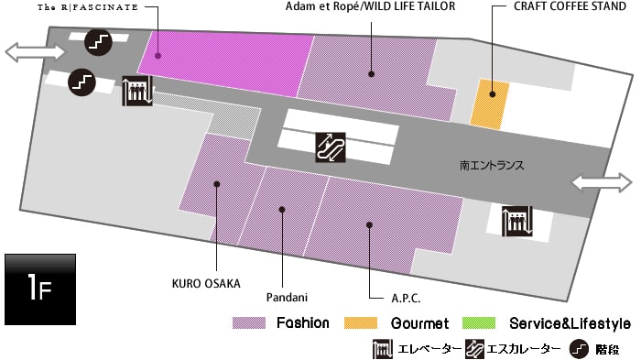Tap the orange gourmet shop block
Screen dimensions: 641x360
pos(489,103)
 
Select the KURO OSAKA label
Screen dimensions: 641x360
pos(206,283)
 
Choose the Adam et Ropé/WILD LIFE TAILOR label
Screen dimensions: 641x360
pos(370,6)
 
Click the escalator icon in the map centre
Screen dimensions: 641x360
pos(330,147)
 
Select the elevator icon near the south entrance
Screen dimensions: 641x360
pos(516,219)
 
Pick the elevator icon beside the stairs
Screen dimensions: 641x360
pos(136,91)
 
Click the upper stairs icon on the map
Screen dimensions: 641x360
pos(98,41)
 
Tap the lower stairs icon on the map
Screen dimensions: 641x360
pos(82,82)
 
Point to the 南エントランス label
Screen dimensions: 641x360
pos(492,167)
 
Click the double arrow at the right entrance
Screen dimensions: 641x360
pos(602,182)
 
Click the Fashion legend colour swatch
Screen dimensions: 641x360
pos(249,323)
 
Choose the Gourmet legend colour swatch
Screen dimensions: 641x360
pos(362,323)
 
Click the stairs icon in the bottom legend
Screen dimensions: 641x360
pos(579,349)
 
